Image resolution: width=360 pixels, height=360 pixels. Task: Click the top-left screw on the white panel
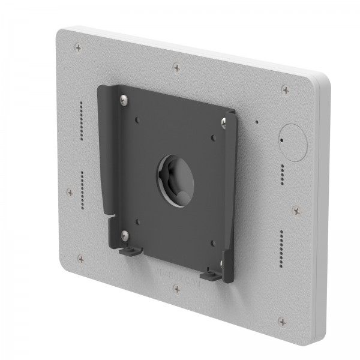click(x=78, y=47)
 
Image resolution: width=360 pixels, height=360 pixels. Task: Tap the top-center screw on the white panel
click(x=176, y=68)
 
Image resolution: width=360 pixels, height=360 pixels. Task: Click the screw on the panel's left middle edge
click(x=70, y=193)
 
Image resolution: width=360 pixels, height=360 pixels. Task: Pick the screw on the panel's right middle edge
click(x=296, y=211)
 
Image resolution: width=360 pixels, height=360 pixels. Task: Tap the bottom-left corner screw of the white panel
click(x=80, y=258)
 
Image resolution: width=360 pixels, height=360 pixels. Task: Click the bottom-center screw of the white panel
click(x=176, y=289)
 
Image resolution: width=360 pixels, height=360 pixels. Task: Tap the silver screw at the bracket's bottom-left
click(x=124, y=233)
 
